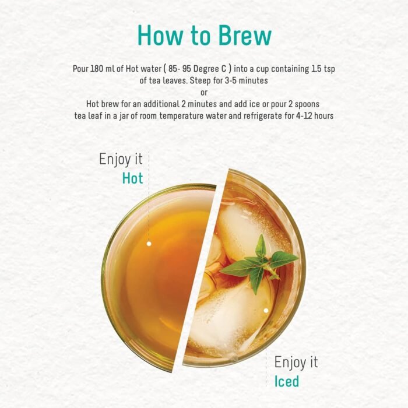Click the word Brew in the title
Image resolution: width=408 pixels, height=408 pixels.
point(245,36)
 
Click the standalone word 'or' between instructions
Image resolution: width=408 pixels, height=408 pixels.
point(204,92)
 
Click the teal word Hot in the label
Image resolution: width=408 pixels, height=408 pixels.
point(132,178)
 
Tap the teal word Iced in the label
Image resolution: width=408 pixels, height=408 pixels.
point(287,382)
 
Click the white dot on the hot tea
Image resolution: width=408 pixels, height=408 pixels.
point(149,244)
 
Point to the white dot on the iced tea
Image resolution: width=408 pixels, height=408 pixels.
point(266,311)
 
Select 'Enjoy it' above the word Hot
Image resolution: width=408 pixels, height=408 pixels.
point(121,159)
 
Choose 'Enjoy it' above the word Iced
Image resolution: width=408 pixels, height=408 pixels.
point(297,362)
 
